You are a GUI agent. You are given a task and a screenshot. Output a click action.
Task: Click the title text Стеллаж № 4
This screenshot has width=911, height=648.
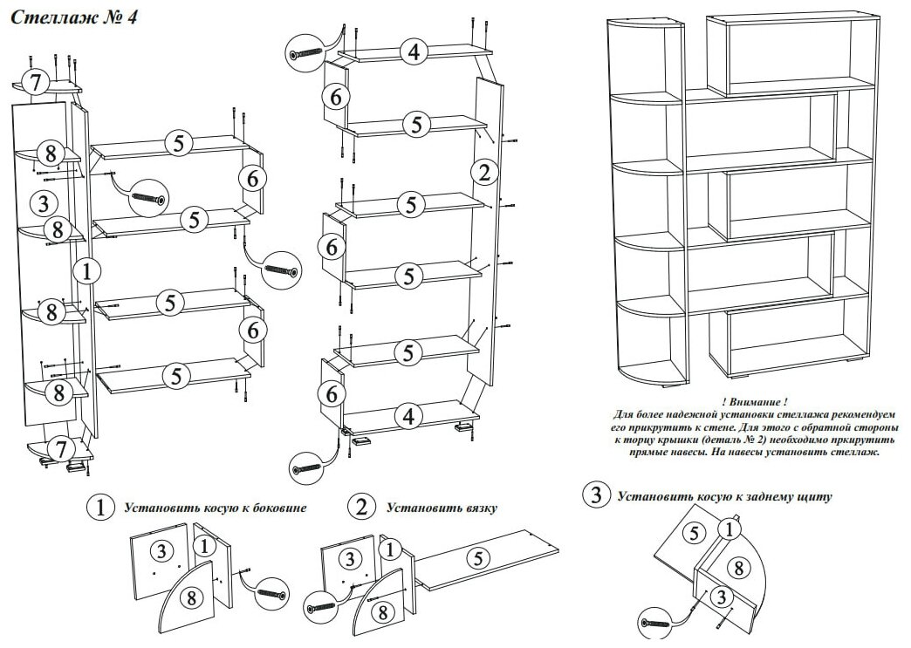(x=73, y=17)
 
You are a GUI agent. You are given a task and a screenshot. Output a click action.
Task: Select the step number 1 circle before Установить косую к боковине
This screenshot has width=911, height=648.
(x=102, y=507)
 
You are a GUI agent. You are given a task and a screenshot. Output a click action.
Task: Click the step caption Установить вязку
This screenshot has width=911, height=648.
(x=441, y=507)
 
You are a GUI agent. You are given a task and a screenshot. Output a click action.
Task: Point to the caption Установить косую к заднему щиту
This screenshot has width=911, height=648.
(x=723, y=497)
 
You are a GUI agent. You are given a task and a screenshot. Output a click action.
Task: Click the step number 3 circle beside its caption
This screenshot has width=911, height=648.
(x=597, y=496)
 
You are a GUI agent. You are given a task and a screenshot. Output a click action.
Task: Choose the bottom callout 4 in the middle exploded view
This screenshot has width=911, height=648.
(x=406, y=416)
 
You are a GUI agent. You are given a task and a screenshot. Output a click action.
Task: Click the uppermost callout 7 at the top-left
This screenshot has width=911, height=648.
(x=34, y=84)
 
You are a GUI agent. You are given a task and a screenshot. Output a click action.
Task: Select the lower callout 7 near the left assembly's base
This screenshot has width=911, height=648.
(x=59, y=449)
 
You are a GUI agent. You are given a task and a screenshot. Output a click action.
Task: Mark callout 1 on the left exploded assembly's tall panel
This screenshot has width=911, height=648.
(x=86, y=271)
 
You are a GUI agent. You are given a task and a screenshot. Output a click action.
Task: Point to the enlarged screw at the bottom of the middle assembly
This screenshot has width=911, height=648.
(x=307, y=470)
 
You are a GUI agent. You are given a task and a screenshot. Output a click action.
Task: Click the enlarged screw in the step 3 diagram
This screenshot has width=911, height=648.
(x=654, y=622)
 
